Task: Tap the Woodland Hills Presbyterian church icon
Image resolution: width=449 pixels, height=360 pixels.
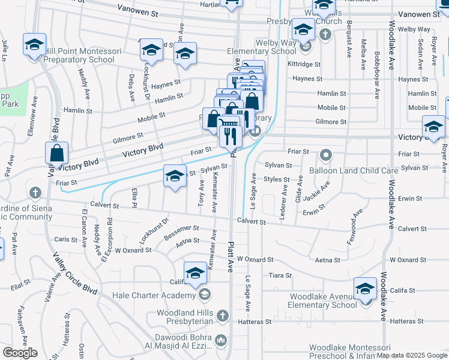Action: click(x=222, y=315)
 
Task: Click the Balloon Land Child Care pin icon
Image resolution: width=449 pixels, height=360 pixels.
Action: click(x=326, y=156)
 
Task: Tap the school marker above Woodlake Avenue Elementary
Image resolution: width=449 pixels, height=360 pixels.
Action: click(x=365, y=289)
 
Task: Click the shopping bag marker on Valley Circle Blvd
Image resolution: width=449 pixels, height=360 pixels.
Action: click(x=56, y=154)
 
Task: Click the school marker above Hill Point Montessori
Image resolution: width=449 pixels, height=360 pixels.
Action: click(x=35, y=44)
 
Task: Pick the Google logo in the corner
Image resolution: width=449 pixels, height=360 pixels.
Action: click(x=20, y=353)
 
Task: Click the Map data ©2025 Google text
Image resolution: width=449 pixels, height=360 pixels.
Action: click(x=412, y=356)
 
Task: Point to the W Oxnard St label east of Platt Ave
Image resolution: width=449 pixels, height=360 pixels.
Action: click(x=255, y=260)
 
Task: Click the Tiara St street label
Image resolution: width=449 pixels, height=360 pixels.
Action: click(x=280, y=275)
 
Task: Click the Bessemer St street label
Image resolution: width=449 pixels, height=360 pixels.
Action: click(x=181, y=229)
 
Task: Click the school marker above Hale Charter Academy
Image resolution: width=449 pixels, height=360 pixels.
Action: click(x=195, y=273)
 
